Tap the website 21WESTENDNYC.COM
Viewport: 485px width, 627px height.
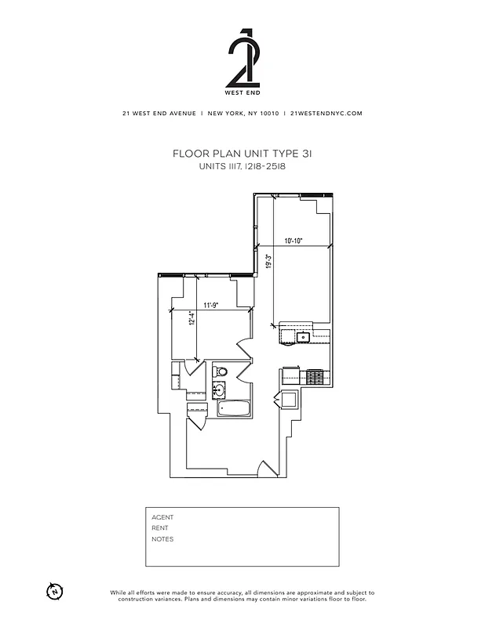click(326, 113)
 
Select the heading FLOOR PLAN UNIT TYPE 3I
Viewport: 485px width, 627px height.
click(242, 154)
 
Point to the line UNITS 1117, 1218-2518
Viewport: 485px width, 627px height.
click(242, 167)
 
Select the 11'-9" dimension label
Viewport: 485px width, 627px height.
click(210, 305)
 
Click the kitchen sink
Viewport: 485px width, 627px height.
click(301, 337)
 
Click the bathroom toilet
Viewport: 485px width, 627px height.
click(221, 371)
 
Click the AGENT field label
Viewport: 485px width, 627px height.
click(162, 517)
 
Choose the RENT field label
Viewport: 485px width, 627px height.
click(160, 528)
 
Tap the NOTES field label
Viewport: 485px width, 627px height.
click(162, 539)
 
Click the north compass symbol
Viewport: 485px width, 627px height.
click(55, 590)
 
